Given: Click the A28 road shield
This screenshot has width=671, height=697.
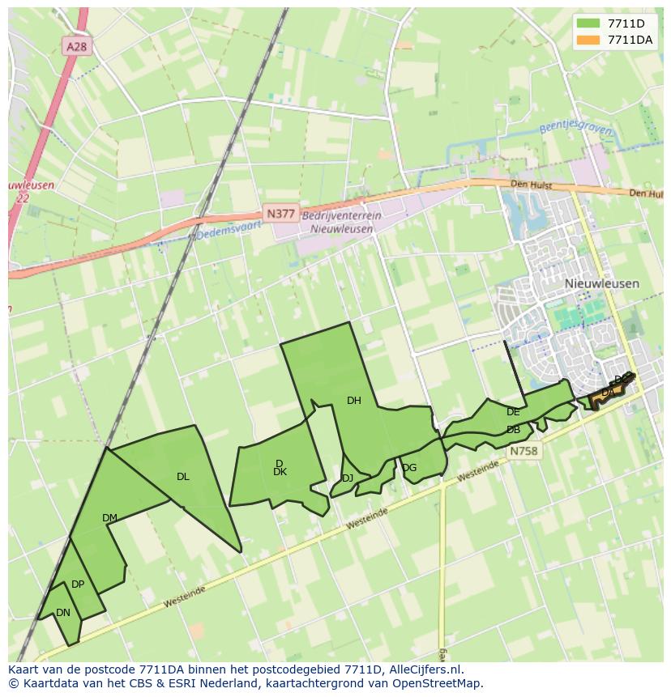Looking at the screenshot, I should [x=76, y=47].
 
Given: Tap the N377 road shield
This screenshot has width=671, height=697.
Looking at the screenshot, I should [x=280, y=213].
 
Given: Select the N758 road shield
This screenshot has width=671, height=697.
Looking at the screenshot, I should [x=524, y=451].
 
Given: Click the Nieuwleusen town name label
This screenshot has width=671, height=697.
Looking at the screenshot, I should [x=601, y=284].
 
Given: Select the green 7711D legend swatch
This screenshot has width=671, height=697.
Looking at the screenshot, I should [x=588, y=23].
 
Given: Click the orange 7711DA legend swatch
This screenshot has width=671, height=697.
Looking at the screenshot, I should [x=588, y=40].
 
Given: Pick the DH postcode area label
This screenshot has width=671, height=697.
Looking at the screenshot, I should [x=353, y=401].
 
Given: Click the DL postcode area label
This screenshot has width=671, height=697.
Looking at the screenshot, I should [x=182, y=477].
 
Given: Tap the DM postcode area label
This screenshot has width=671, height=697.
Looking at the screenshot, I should [x=109, y=518].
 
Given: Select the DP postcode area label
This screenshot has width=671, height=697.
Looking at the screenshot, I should [x=78, y=584].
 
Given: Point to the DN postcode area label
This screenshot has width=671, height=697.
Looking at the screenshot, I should [x=63, y=613].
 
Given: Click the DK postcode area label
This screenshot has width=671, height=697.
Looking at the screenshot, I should [x=280, y=472].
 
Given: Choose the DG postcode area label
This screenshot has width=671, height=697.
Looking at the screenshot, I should [x=409, y=468].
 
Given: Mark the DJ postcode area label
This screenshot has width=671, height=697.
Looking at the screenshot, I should [x=347, y=478].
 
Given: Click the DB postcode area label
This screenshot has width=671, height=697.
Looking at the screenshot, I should [x=513, y=430].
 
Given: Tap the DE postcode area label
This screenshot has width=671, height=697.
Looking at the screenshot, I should [x=512, y=412].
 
